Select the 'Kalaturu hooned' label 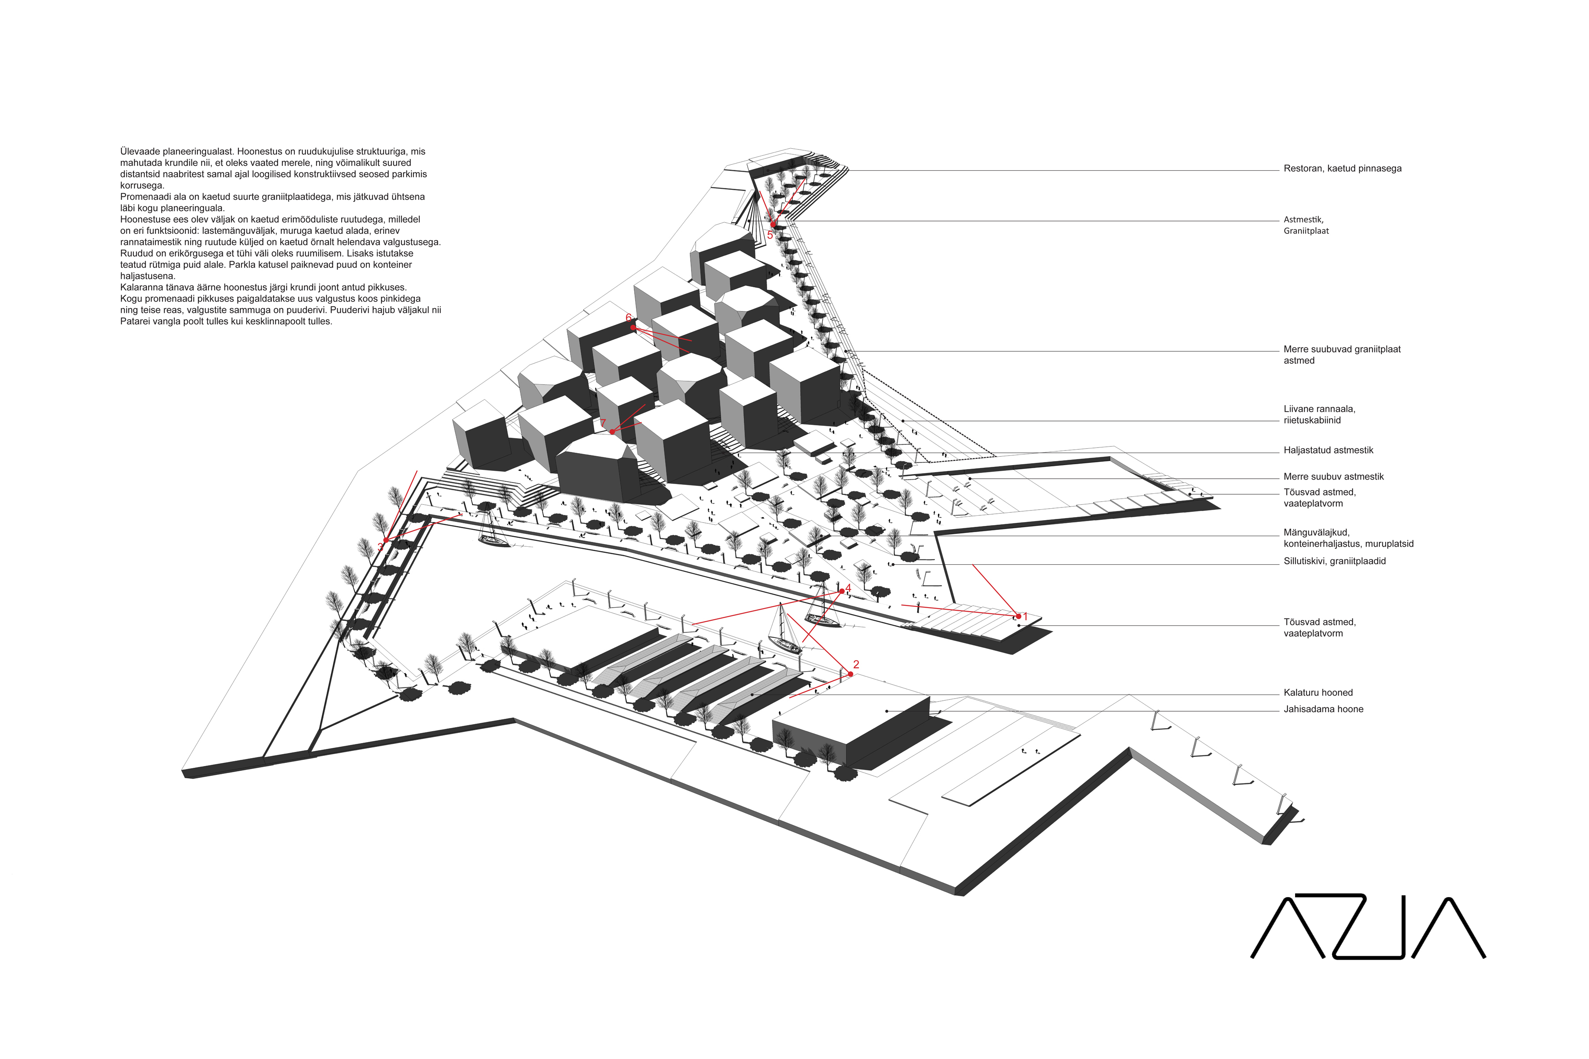coord(1318,693)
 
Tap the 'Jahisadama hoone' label coord(1323,709)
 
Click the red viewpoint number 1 coord(1025,616)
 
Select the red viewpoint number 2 coord(856,665)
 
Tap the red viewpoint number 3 coord(380,546)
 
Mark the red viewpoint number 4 coord(848,588)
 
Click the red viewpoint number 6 coord(628,317)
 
